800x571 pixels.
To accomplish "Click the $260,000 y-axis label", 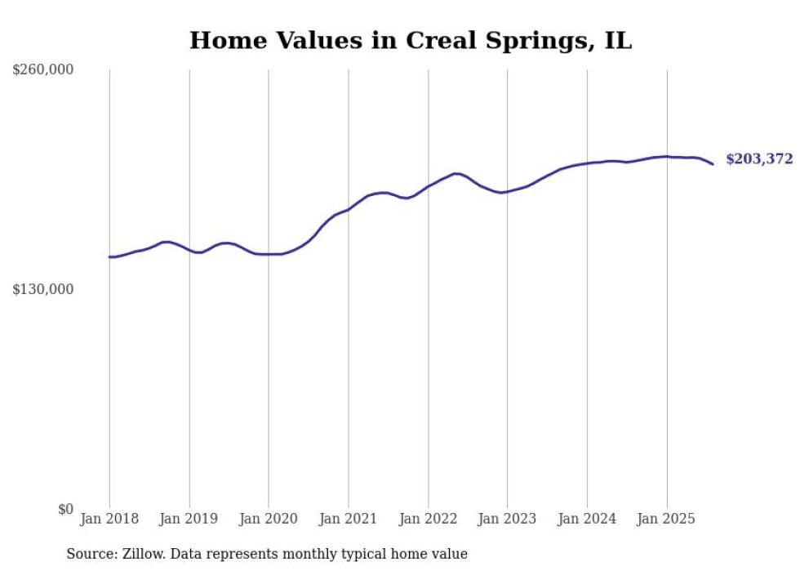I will (x=42, y=70).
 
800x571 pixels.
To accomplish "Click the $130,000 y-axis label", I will (x=42, y=289).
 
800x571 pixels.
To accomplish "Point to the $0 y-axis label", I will (x=65, y=509).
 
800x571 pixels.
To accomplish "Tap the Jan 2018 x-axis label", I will (x=109, y=519).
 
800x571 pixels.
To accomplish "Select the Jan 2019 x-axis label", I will (x=189, y=519).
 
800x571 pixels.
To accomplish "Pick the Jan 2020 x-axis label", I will (x=269, y=519).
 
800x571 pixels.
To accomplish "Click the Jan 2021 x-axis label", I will (x=349, y=519).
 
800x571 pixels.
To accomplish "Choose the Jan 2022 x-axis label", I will (x=428, y=519).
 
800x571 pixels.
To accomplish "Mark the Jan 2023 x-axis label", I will (x=507, y=519).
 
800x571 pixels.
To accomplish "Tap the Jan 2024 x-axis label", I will (x=587, y=519).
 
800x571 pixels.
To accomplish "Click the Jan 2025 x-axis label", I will (x=666, y=519).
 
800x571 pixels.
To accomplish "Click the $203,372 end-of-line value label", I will (x=759, y=159).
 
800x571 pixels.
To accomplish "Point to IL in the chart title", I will (x=618, y=41).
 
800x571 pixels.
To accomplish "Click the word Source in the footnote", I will (x=88, y=554).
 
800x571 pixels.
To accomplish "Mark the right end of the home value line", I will (x=713, y=164).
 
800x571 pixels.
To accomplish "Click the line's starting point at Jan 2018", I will (x=109, y=257).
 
